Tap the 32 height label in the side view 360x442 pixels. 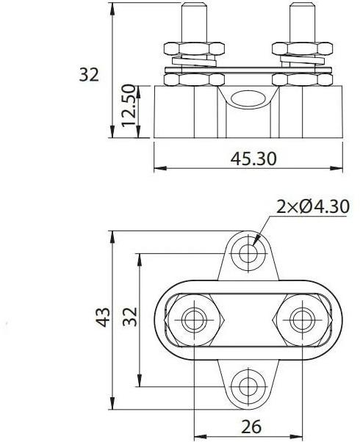tap(88, 75)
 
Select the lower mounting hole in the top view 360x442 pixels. tap(247, 384)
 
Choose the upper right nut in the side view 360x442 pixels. tap(300, 49)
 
